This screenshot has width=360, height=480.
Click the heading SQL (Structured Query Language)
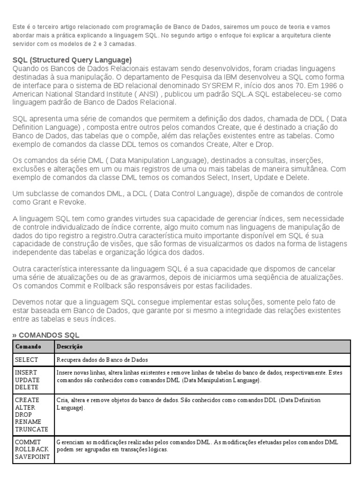(x=72, y=60)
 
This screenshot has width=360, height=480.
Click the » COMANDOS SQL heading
(x=46, y=335)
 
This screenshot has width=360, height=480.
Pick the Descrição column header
(x=70, y=346)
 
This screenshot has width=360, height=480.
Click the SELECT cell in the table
(x=26, y=360)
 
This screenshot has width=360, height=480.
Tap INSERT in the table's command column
(x=26, y=372)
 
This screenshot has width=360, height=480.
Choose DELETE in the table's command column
(x=27, y=387)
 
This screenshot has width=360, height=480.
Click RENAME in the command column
(x=28, y=422)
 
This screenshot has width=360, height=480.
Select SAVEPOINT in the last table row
(x=32, y=457)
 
